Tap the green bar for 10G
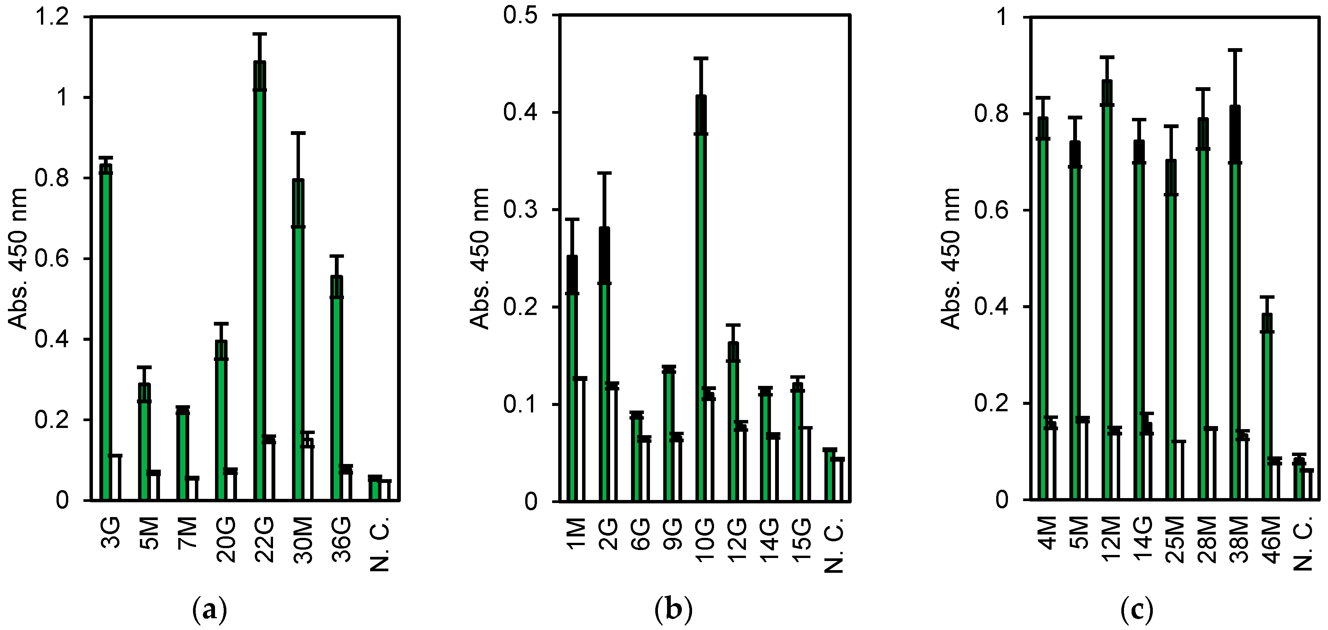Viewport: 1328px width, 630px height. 701,299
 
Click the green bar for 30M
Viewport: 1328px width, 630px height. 298,340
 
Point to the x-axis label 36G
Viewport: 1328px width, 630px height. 341,541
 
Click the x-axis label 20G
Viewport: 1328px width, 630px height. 226,541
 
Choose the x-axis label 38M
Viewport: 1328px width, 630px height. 1240,541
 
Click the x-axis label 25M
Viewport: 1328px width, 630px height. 1176,541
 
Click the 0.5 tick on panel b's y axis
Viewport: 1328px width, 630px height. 521,16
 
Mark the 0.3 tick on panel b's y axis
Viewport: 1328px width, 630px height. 521,210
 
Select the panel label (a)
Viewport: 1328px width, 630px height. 209,611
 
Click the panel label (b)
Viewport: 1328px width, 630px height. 673,611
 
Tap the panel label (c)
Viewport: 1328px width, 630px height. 1137,611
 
